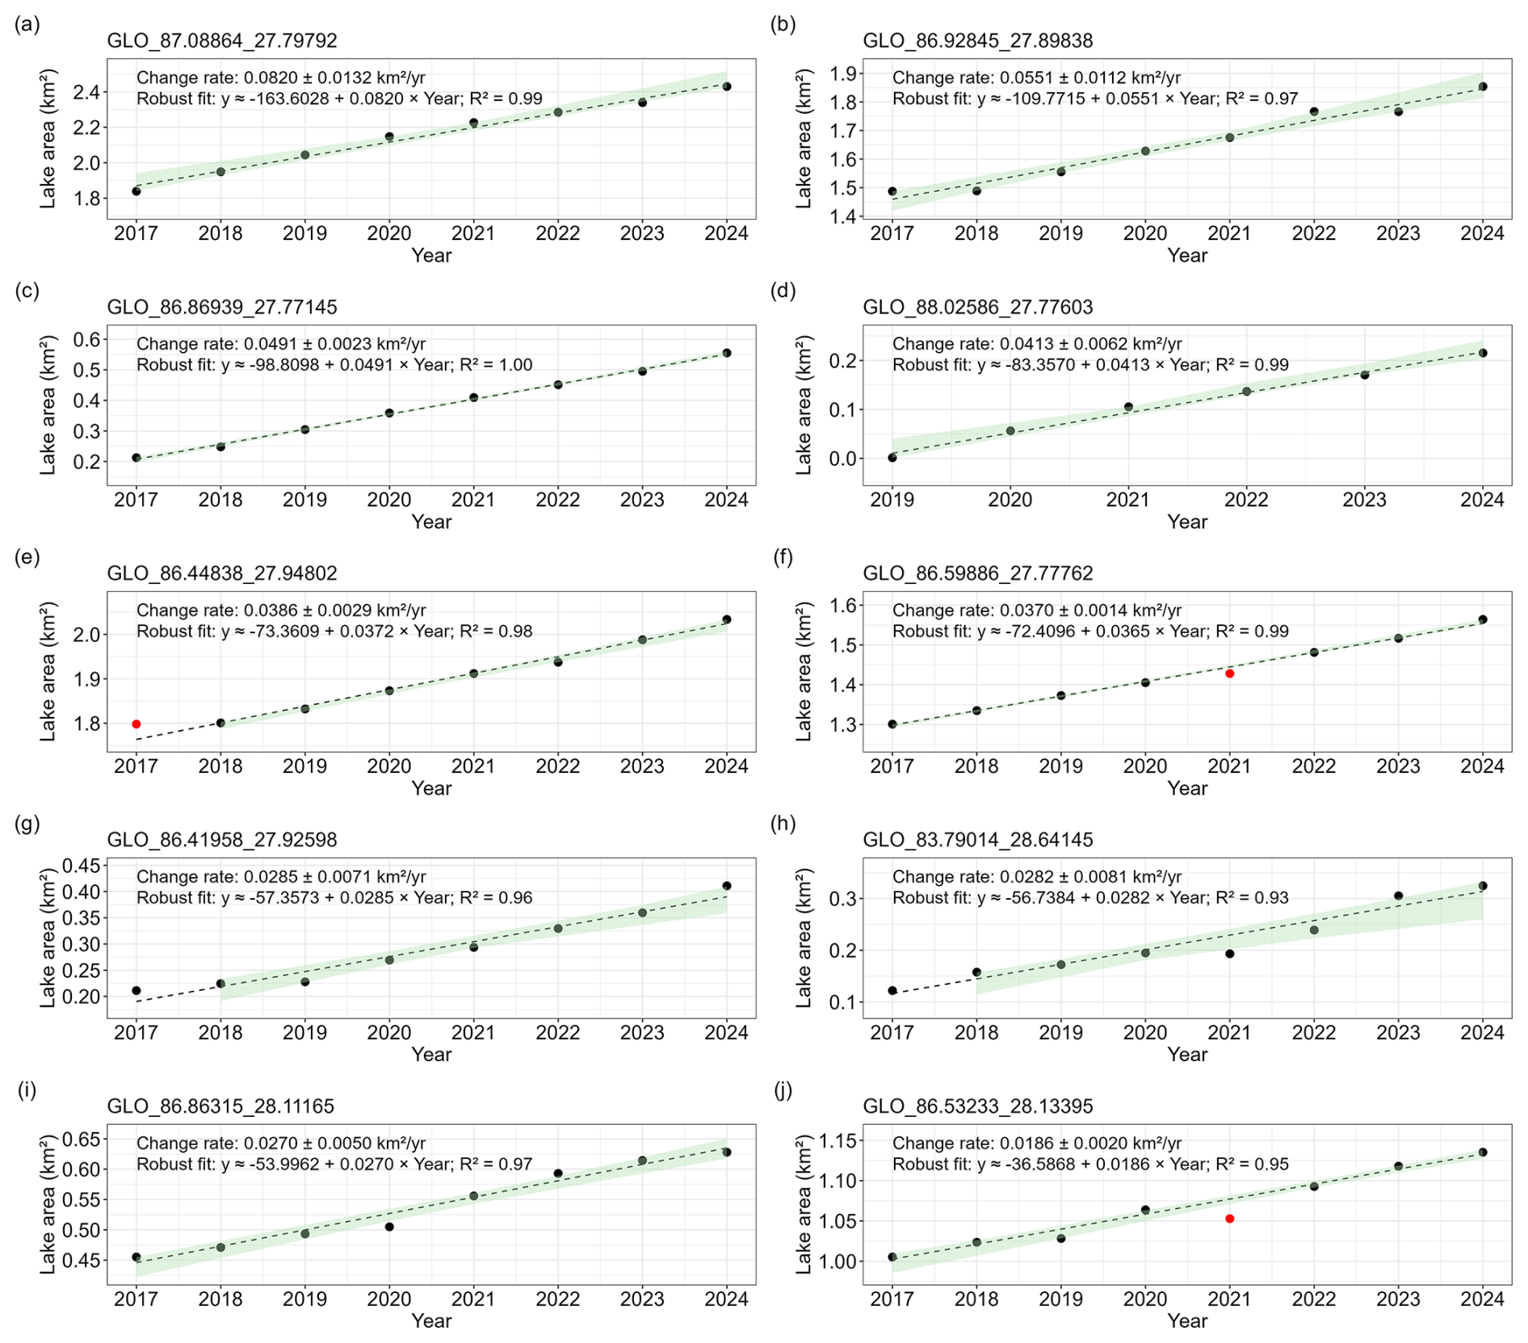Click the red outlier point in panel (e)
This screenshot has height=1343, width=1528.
(x=136, y=724)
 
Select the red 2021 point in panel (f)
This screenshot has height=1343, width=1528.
(x=1230, y=674)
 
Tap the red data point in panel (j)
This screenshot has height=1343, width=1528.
(x=1230, y=1219)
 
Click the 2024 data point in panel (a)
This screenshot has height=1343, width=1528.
(x=727, y=86)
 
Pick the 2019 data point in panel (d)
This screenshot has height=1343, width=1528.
(x=892, y=458)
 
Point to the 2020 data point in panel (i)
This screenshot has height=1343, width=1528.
(x=389, y=1227)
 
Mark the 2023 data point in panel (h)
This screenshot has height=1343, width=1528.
(x=1399, y=896)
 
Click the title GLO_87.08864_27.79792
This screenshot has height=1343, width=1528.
(x=222, y=41)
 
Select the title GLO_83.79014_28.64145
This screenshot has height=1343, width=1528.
(x=978, y=840)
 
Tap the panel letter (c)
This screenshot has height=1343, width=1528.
(x=27, y=291)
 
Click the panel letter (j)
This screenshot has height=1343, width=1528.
(x=783, y=1090)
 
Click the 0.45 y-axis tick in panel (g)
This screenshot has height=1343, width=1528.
(x=80, y=866)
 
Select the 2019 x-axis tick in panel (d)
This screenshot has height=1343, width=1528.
(x=892, y=500)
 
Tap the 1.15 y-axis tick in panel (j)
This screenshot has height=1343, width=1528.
(x=836, y=1141)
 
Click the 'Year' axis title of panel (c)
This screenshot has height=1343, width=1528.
(x=431, y=522)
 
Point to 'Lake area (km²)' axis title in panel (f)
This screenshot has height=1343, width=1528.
(x=804, y=672)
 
